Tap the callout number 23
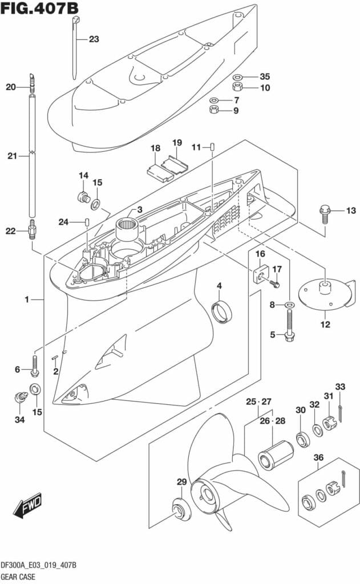(94, 39)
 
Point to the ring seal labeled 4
(221, 311)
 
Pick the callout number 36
(318, 457)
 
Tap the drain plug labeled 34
(21, 397)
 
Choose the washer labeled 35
(237, 77)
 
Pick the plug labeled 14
(84, 196)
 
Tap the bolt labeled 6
(35, 365)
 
